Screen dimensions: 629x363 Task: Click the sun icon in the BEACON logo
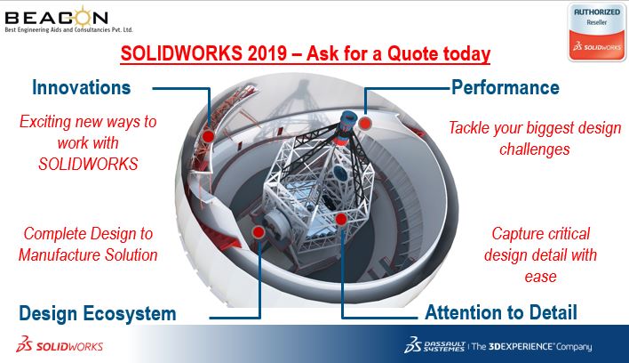83,16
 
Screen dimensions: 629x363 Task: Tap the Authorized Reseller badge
596,33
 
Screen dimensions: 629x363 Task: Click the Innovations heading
82,87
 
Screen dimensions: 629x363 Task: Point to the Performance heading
505,87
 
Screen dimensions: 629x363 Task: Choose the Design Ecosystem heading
98,313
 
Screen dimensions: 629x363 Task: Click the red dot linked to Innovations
207,136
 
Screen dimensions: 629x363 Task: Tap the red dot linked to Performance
364,124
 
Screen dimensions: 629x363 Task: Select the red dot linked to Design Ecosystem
259,231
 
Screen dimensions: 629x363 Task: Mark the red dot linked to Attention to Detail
341,219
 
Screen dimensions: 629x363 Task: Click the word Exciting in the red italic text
45,122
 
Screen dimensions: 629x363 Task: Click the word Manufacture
60,255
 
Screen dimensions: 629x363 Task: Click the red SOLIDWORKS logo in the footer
60,344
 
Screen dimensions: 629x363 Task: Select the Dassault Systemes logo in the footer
434,345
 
